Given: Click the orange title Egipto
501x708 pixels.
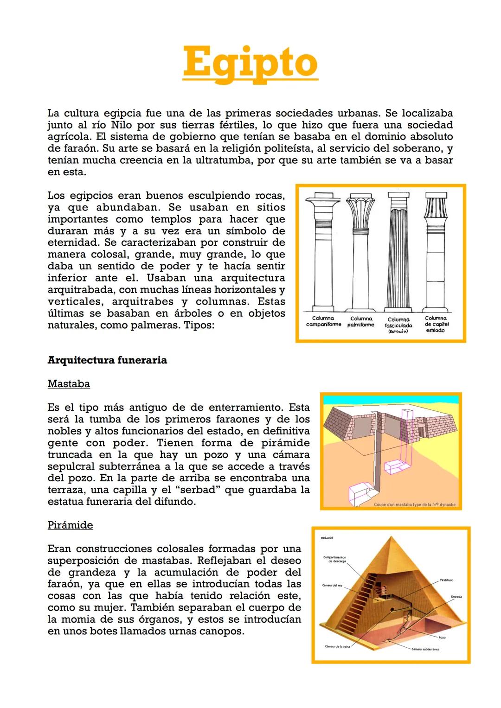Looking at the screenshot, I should pyautogui.click(x=250, y=63).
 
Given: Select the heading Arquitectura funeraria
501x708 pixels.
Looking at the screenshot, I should pyautogui.click(x=107, y=360).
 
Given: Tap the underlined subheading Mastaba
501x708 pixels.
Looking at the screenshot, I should pyautogui.click(x=69, y=384).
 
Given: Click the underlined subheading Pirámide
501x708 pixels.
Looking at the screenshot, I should pyautogui.click(x=70, y=525).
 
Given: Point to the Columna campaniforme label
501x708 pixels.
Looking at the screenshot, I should pyautogui.click(x=323, y=321).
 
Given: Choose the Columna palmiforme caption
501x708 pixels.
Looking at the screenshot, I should pyautogui.click(x=361, y=322).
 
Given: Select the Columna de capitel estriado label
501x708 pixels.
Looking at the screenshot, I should pyautogui.click(x=436, y=324).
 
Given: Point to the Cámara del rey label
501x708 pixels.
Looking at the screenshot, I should pyautogui.click(x=332, y=585).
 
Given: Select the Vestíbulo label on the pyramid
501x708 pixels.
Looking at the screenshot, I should pyautogui.click(x=446, y=580).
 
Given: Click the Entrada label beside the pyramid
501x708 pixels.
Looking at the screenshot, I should pyautogui.click(x=456, y=596).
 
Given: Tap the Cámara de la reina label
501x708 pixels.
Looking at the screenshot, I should pyautogui.click(x=337, y=646).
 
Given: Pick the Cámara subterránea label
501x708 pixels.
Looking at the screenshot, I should pyautogui.click(x=425, y=649).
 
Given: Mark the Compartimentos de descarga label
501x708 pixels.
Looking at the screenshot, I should pyautogui.click(x=334, y=559).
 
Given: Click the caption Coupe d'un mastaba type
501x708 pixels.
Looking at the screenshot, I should pyautogui.click(x=415, y=504).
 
